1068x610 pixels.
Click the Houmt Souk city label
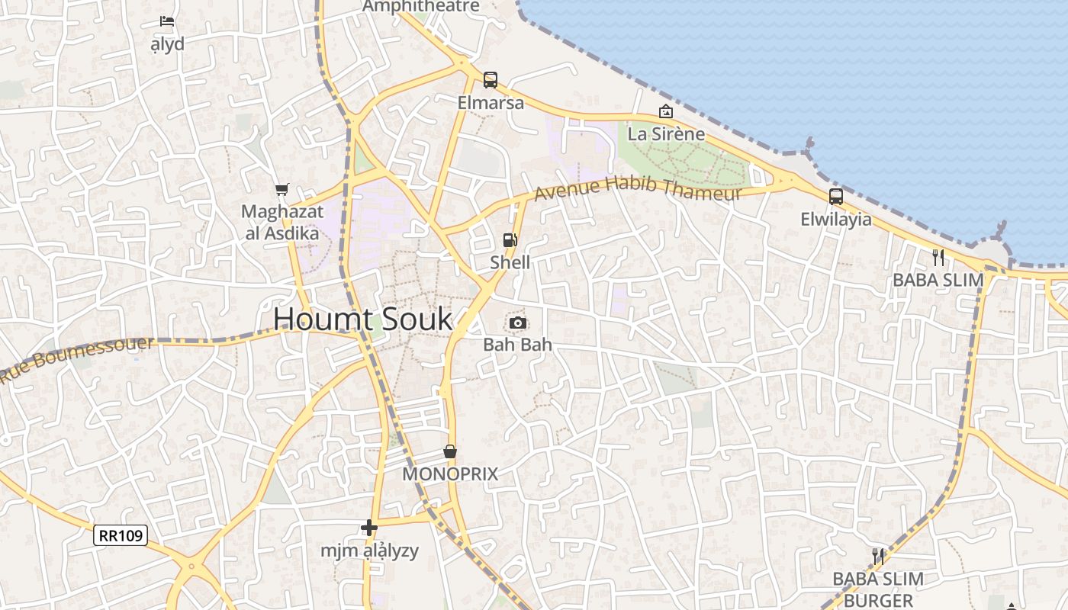362,319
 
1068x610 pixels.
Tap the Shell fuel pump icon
510,240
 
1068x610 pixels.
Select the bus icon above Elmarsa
491,80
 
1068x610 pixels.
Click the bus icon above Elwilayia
836,197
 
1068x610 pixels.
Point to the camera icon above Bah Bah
518,323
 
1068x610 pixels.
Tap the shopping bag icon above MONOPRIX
450,451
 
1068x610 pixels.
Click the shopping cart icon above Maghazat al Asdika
282,189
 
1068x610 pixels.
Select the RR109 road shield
120,535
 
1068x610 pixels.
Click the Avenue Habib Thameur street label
638,188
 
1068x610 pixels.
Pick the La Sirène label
666,134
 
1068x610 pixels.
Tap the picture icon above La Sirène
666,112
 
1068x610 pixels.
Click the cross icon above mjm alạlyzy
369,528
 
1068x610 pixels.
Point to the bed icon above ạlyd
167,21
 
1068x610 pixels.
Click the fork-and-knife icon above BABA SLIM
938,258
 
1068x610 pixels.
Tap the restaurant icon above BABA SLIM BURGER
878,556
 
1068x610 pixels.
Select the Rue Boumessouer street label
76,358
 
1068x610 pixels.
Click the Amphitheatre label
421,7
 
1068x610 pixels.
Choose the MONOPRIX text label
450,474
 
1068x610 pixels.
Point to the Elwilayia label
836,220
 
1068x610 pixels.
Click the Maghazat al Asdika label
282,222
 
